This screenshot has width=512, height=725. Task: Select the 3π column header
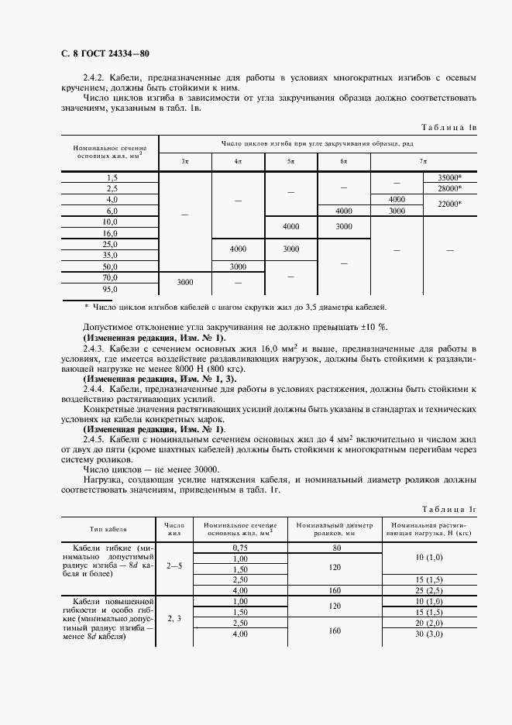coord(185,161)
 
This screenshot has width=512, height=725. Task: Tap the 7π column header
coord(423,161)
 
